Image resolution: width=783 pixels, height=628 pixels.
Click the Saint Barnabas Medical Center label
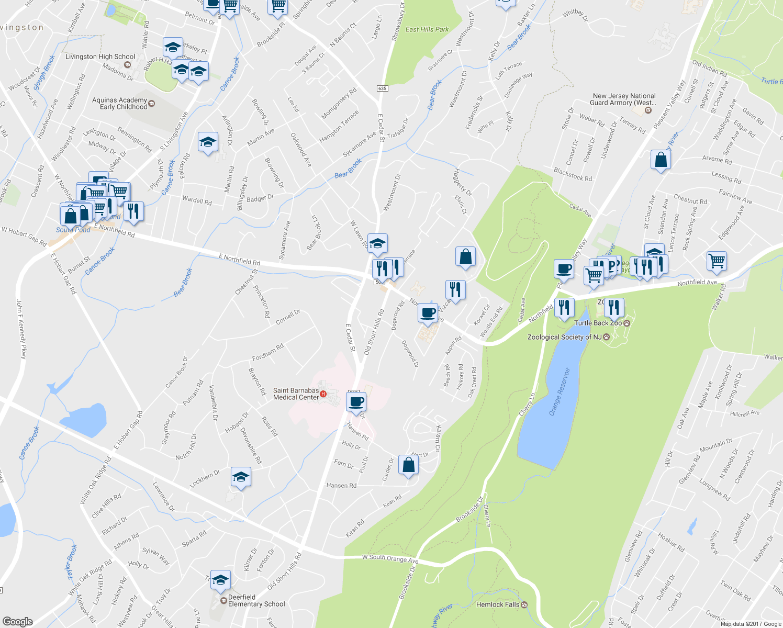click(296, 394)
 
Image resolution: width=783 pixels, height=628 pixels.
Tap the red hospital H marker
click(323, 394)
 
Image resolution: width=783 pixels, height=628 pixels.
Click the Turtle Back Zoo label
click(598, 323)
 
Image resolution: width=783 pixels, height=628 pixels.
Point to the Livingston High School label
click(100, 57)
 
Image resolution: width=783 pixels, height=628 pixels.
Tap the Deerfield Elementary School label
click(256, 600)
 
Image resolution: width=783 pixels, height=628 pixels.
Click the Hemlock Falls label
click(498, 604)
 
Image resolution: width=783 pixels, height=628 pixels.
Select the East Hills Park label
click(427, 29)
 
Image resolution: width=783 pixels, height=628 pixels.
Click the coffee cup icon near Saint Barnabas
click(356, 401)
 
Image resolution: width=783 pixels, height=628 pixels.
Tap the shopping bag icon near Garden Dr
click(408, 464)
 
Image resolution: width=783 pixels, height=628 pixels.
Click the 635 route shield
click(382, 88)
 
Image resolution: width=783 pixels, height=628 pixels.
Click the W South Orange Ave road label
click(390, 558)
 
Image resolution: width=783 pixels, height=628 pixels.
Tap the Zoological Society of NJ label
click(565, 337)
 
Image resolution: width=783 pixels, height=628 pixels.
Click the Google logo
click(17, 622)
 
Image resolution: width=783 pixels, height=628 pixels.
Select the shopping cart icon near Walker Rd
click(717, 260)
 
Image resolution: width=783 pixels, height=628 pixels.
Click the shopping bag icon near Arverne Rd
click(661, 159)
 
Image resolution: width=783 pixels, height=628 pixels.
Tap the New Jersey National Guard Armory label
click(624, 99)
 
